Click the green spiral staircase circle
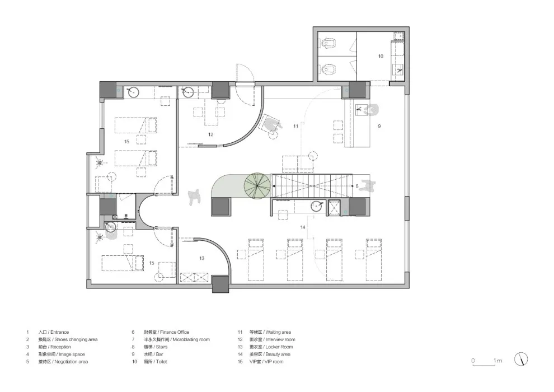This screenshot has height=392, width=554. tap(256, 186)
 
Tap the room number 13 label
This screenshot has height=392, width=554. tap(201, 258)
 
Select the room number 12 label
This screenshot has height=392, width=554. tap(211, 134)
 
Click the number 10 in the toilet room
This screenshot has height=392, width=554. tap(381, 57)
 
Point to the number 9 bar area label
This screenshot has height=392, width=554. tap(379, 127)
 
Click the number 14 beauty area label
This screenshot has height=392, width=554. tap(302, 227)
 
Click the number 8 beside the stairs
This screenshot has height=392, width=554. tap(356, 185)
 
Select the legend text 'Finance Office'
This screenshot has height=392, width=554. tap(162, 332)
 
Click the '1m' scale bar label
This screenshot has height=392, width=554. tap(498, 361)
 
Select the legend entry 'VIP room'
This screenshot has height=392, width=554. tap(269, 362)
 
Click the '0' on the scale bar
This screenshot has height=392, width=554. tap(472, 361)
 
